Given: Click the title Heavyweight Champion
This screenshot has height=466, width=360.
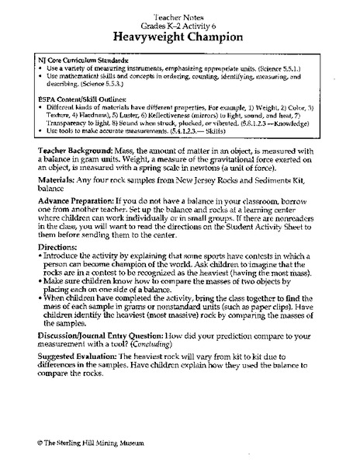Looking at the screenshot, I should (x=179, y=35).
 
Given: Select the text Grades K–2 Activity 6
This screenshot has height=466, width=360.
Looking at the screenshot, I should (x=179, y=23).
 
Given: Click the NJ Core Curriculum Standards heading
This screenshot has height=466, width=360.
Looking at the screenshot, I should (x=85, y=60).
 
